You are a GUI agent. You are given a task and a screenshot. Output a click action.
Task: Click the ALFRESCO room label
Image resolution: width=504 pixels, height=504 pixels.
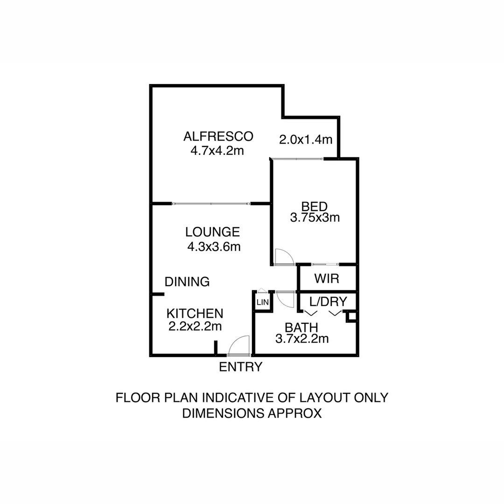click(x=218, y=136)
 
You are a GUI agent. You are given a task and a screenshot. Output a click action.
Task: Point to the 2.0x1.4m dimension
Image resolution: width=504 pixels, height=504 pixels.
click(x=305, y=139)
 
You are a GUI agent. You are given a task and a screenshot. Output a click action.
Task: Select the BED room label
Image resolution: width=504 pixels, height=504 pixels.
click(x=314, y=206)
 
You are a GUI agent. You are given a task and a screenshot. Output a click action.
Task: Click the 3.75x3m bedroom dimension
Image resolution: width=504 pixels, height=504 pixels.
click(x=314, y=217)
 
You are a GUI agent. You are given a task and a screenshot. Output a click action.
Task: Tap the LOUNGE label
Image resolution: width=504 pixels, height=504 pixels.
click(x=212, y=232)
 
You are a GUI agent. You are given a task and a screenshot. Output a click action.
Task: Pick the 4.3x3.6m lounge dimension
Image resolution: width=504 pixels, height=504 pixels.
click(x=214, y=247)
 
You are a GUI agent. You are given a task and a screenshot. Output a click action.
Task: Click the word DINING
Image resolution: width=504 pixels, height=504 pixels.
click(x=187, y=281)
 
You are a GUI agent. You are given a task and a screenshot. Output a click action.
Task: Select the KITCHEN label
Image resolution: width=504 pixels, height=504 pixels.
click(x=195, y=313)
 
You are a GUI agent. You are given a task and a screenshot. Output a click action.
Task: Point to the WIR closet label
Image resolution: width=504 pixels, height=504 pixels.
click(x=326, y=279)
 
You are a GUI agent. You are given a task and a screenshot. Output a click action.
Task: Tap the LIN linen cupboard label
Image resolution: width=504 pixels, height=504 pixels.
click(x=262, y=302)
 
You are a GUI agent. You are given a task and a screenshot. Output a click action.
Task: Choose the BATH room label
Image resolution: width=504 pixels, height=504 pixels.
click(x=301, y=327)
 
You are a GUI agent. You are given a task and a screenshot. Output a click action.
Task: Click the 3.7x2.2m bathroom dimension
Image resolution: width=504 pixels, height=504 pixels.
click(x=301, y=339)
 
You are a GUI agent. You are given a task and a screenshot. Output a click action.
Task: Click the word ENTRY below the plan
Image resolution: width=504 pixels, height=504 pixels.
click(x=240, y=367)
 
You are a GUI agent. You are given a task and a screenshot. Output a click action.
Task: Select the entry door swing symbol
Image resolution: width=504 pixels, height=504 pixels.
click(x=239, y=346)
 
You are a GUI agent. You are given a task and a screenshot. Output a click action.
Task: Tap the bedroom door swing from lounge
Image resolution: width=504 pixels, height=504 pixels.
click(x=283, y=257)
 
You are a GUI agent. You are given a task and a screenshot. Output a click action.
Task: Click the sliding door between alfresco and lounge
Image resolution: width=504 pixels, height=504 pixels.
click(x=211, y=204)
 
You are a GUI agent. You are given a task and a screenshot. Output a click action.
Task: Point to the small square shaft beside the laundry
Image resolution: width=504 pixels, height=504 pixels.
click(x=351, y=317)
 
